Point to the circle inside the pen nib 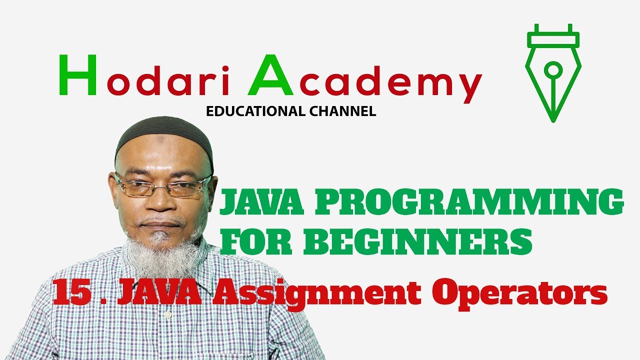(x=553, y=68)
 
